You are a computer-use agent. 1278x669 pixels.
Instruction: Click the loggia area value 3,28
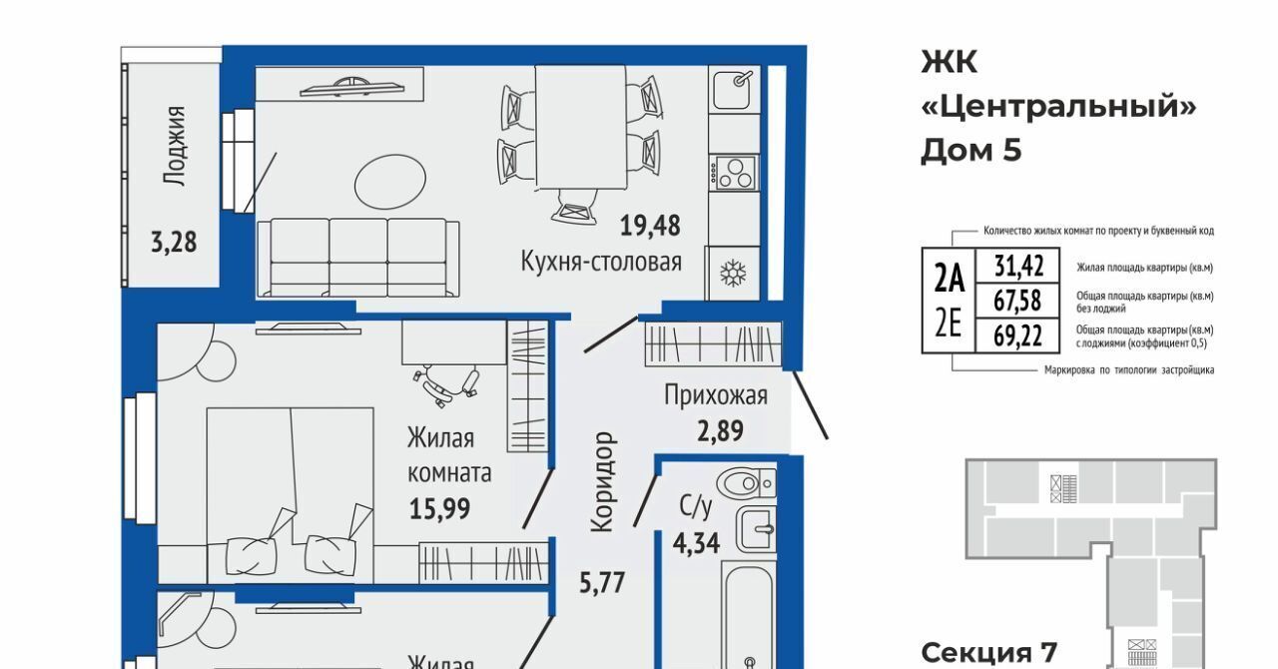(x=174, y=242)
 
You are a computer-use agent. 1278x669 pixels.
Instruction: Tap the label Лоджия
(x=175, y=146)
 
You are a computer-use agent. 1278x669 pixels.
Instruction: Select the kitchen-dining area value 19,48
(x=650, y=226)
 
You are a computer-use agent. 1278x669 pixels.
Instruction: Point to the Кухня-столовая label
(x=601, y=262)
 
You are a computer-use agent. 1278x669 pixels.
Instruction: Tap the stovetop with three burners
(x=734, y=173)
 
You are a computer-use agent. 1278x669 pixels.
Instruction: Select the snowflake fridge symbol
(x=733, y=274)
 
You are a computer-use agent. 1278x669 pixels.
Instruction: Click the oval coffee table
(x=390, y=182)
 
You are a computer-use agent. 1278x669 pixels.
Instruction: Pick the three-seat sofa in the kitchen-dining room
(x=358, y=258)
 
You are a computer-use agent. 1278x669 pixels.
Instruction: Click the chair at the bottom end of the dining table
(x=574, y=206)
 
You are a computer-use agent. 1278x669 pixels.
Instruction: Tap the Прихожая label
(x=716, y=395)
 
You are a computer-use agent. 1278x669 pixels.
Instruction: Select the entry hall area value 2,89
(x=720, y=430)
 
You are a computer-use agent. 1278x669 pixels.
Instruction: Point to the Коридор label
(x=603, y=482)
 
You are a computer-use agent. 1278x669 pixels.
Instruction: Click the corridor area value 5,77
(x=602, y=583)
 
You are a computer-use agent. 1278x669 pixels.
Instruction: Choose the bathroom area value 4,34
(x=696, y=543)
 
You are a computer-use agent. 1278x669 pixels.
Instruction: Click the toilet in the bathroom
(x=746, y=483)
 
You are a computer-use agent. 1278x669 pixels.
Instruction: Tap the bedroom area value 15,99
(x=440, y=509)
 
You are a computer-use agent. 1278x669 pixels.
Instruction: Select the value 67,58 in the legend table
(x=1017, y=301)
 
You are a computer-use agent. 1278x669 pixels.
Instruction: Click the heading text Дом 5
(x=971, y=151)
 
